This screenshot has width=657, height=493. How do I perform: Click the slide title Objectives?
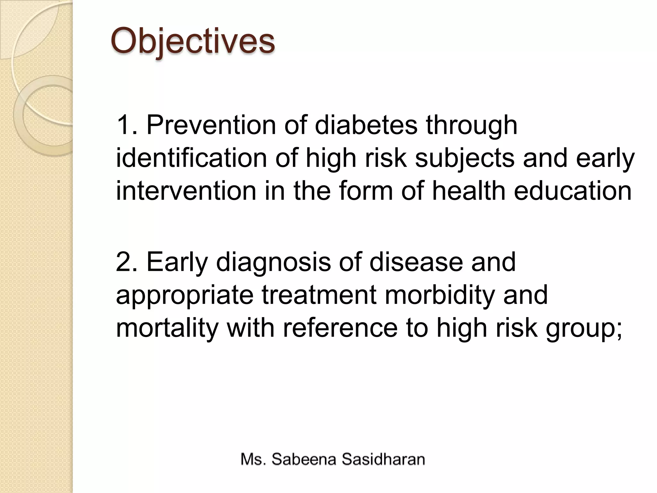(x=192, y=41)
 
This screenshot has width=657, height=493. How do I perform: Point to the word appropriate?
(x=185, y=295)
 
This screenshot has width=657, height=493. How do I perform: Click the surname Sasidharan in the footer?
(x=383, y=459)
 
